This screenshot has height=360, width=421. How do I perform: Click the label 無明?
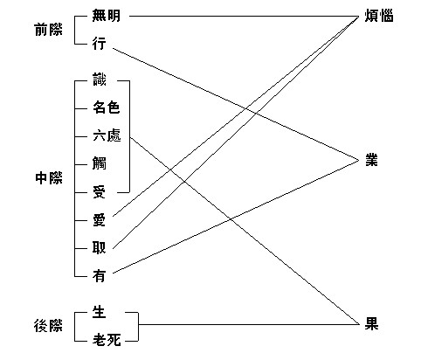[x=106, y=16]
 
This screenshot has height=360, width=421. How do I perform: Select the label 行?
[x=99, y=44]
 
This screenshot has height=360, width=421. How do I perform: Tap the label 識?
[x=100, y=80]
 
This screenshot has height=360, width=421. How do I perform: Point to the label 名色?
[x=107, y=107]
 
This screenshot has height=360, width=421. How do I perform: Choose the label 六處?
[x=107, y=135]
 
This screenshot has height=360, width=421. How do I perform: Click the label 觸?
[x=100, y=163]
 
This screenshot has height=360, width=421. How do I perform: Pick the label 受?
[x=99, y=191]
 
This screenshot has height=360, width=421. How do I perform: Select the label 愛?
[x=99, y=220]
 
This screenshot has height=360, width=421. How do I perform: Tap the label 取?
[x=99, y=248]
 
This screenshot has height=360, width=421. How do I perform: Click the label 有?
[x=99, y=275]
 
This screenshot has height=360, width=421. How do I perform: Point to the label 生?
[x=99, y=312]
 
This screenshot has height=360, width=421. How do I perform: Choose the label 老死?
[x=107, y=340]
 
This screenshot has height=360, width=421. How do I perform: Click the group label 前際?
[x=48, y=30]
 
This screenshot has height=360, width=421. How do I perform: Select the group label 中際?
[x=49, y=178]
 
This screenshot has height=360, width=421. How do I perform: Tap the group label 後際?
[x=48, y=326]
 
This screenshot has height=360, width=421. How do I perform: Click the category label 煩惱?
[x=379, y=16]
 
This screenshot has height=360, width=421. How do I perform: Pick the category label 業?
[x=372, y=160]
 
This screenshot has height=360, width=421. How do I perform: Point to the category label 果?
[x=371, y=324]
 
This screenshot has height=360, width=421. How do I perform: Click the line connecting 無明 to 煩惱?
[x=245, y=16]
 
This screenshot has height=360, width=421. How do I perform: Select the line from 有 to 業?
[x=236, y=217]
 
